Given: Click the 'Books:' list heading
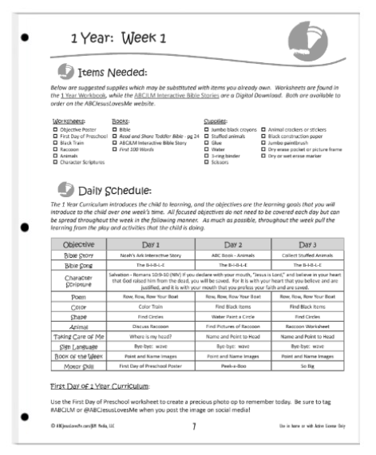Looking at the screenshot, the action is (121, 121).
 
